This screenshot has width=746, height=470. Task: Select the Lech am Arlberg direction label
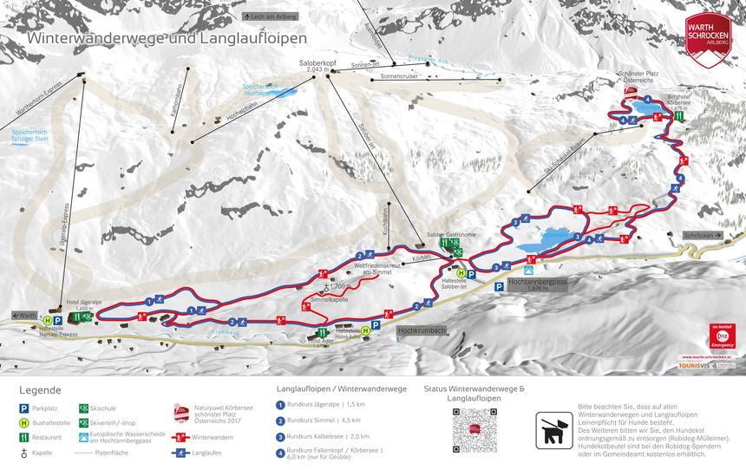pyautogui.click(x=270, y=16)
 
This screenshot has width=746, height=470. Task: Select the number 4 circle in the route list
pyautogui.click(x=280, y=452)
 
